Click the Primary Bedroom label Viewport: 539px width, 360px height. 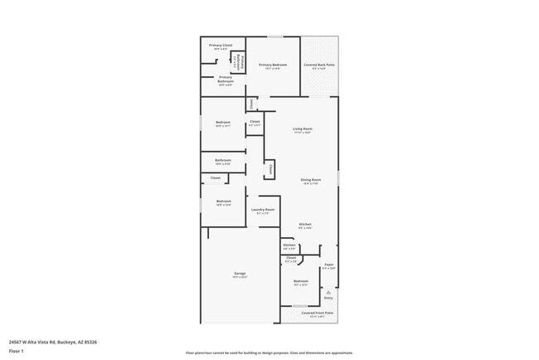[273, 65]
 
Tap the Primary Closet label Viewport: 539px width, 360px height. [221, 46]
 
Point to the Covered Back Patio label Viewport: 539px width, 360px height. [319, 65]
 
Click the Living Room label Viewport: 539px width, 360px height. [302, 129]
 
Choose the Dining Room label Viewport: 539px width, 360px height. [310, 180]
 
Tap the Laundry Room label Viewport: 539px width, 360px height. [263, 210]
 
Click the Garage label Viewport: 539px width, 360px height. [240, 274]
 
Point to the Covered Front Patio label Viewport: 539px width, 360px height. [322, 313]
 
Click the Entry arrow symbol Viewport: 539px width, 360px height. [328, 292]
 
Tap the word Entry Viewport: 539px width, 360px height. [328, 299]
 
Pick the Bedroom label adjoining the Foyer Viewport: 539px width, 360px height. [300, 280]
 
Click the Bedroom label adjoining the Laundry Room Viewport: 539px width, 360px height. [224, 202]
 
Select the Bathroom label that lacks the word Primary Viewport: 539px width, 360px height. [223, 160]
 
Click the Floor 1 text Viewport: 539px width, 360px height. [17, 351]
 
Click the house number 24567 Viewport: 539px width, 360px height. [15, 341]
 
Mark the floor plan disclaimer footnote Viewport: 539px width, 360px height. [269, 353]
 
